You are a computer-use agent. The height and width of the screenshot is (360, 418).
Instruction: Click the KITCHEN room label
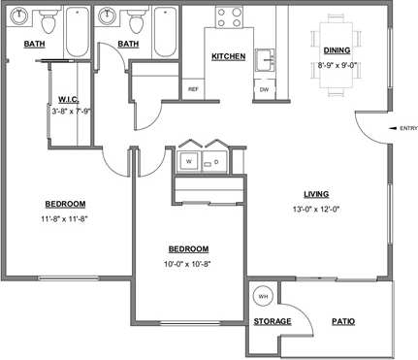tap(228, 57)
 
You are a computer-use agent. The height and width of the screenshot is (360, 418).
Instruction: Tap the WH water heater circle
tap(262, 295)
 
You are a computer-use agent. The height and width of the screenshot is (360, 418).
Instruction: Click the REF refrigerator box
tap(193, 88)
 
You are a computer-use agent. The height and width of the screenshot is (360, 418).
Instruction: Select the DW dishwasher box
tap(264, 89)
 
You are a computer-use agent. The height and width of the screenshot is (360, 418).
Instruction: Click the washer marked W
tap(189, 160)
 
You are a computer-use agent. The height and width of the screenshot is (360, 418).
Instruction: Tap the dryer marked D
tap(216, 160)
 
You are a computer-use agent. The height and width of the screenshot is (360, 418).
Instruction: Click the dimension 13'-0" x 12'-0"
tap(316, 209)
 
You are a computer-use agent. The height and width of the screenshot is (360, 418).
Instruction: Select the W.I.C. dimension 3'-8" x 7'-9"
tap(69, 110)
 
